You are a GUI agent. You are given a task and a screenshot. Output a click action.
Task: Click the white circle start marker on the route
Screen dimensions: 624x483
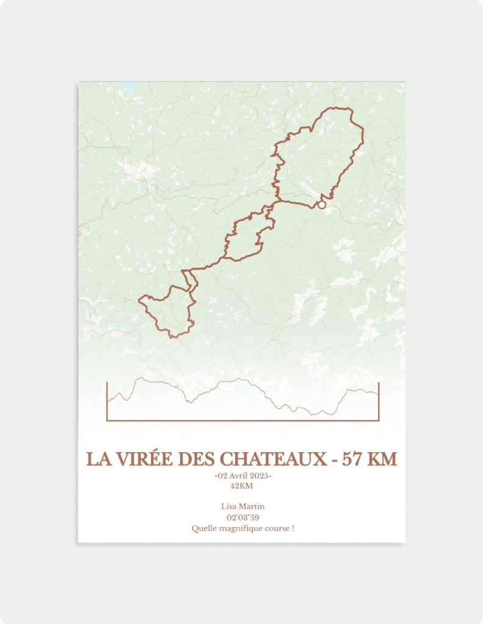click(x=322, y=205)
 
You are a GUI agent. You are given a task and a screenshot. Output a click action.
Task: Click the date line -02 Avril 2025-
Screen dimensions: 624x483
click(x=243, y=476)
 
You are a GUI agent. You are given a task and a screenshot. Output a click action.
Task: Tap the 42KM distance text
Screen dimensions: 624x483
click(x=241, y=486)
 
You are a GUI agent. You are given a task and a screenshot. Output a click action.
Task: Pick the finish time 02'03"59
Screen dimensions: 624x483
click(x=243, y=517)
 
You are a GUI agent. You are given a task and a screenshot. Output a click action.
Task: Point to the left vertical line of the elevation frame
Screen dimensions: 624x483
click(x=107, y=401)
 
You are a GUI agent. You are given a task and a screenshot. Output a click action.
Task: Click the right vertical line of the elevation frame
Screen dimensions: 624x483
click(x=379, y=401)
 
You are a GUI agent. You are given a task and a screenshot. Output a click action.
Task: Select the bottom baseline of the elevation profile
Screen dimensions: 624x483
click(x=243, y=420)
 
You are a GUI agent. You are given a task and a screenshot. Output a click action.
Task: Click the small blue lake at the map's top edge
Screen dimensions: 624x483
click(x=127, y=85)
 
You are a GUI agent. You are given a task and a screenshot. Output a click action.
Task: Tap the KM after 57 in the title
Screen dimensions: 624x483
click(x=384, y=459)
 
